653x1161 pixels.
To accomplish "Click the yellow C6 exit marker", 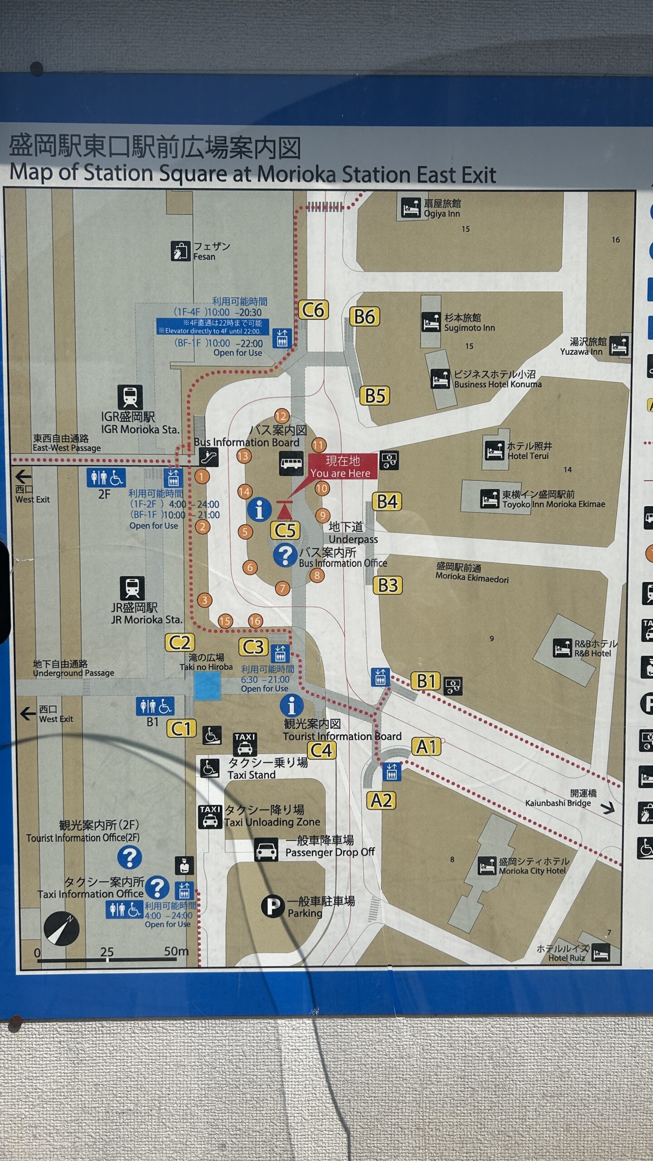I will pyautogui.click(x=313, y=311).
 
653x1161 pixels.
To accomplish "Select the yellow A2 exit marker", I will pyautogui.click(x=381, y=800).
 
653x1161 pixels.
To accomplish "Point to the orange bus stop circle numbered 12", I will pyautogui.click(x=281, y=416).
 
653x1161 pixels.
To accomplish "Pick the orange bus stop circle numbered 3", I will pyautogui.click(x=205, y=600).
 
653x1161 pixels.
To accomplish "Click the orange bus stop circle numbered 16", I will pyautogui.click(x=255, y=621).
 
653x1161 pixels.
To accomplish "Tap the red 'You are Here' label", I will pyautogui.click(x=343, y=467).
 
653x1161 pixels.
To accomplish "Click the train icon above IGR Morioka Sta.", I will pyautogui.click(x=130, y=397).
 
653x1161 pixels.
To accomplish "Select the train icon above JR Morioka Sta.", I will pyautogui.click(x=132, y=588).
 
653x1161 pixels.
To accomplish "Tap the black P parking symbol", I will pyautogui.click(x=273, y=906).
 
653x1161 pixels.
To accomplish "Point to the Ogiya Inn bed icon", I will pyautogui.click(x=411, y=208).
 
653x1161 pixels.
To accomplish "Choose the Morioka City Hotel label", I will pyautogui.click(x=533, y=866).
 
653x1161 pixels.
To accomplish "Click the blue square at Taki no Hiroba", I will pyautogui.click(x=207, y=686).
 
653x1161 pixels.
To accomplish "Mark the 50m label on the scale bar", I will pyautogui.click(x=176, y=951).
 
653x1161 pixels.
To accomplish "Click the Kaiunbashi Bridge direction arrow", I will pyautogui.click(x=608, y=808).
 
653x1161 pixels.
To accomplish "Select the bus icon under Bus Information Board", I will pyautogui.click(x=291, y=463).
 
